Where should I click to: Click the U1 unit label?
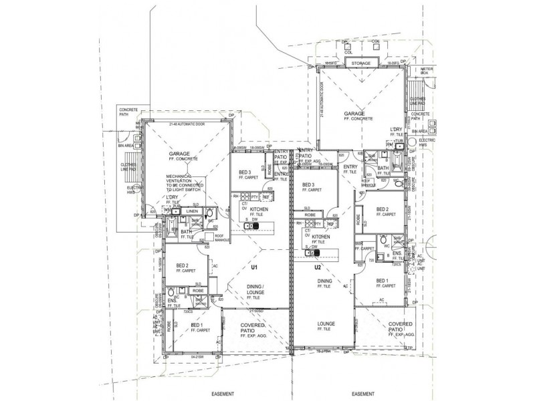pos(254,267)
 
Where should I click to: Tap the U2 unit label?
pos(319,267)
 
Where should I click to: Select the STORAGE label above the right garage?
pos(359,64)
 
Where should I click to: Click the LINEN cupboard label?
pos(192,211)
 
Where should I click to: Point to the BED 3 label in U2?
pos(308,184)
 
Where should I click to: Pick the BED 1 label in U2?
pos(383,281)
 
